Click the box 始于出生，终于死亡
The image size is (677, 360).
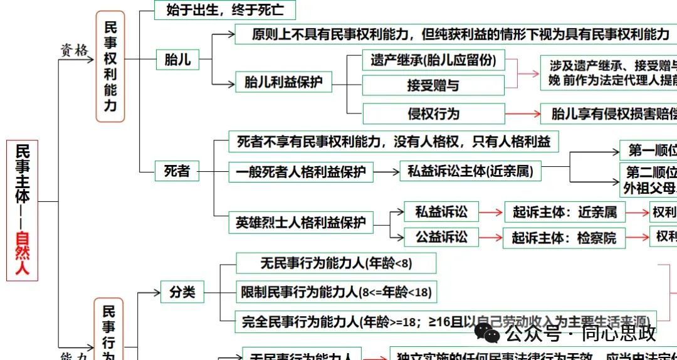(224, 10)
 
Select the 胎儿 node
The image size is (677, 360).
(177, 60)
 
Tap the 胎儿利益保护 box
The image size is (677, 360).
(283, 82)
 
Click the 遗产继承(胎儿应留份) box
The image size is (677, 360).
(433, 60)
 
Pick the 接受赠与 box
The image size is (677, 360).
(433, 85)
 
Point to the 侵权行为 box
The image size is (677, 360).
(433, 114)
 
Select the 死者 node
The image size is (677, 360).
(177, 171)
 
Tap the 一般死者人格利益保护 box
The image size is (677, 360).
(300, 171)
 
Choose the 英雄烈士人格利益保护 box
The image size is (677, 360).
(300, 223)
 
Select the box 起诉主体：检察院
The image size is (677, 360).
(564, 238)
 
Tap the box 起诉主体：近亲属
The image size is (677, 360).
(564, 212)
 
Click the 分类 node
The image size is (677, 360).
(182, 292)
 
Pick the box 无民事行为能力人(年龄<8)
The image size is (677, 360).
(336, 263)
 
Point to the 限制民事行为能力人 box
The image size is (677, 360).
(336, 292)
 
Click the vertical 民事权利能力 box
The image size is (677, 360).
(110, 66)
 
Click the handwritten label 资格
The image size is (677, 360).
(74, 50)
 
